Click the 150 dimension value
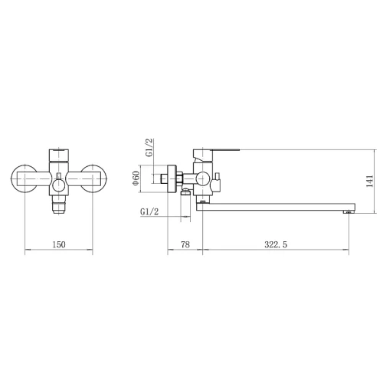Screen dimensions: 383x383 tap(59, 244)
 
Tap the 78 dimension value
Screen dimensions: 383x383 tap(185, 244)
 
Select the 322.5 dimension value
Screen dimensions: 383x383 tap(276, 244)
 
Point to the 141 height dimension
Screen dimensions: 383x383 tap(370, 182)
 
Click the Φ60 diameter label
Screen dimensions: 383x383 tap(136, 178)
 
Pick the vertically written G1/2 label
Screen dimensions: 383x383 tap(149, 147)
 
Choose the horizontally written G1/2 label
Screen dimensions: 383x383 tap(149, 211)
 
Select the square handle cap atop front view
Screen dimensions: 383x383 tap(59, 155)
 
